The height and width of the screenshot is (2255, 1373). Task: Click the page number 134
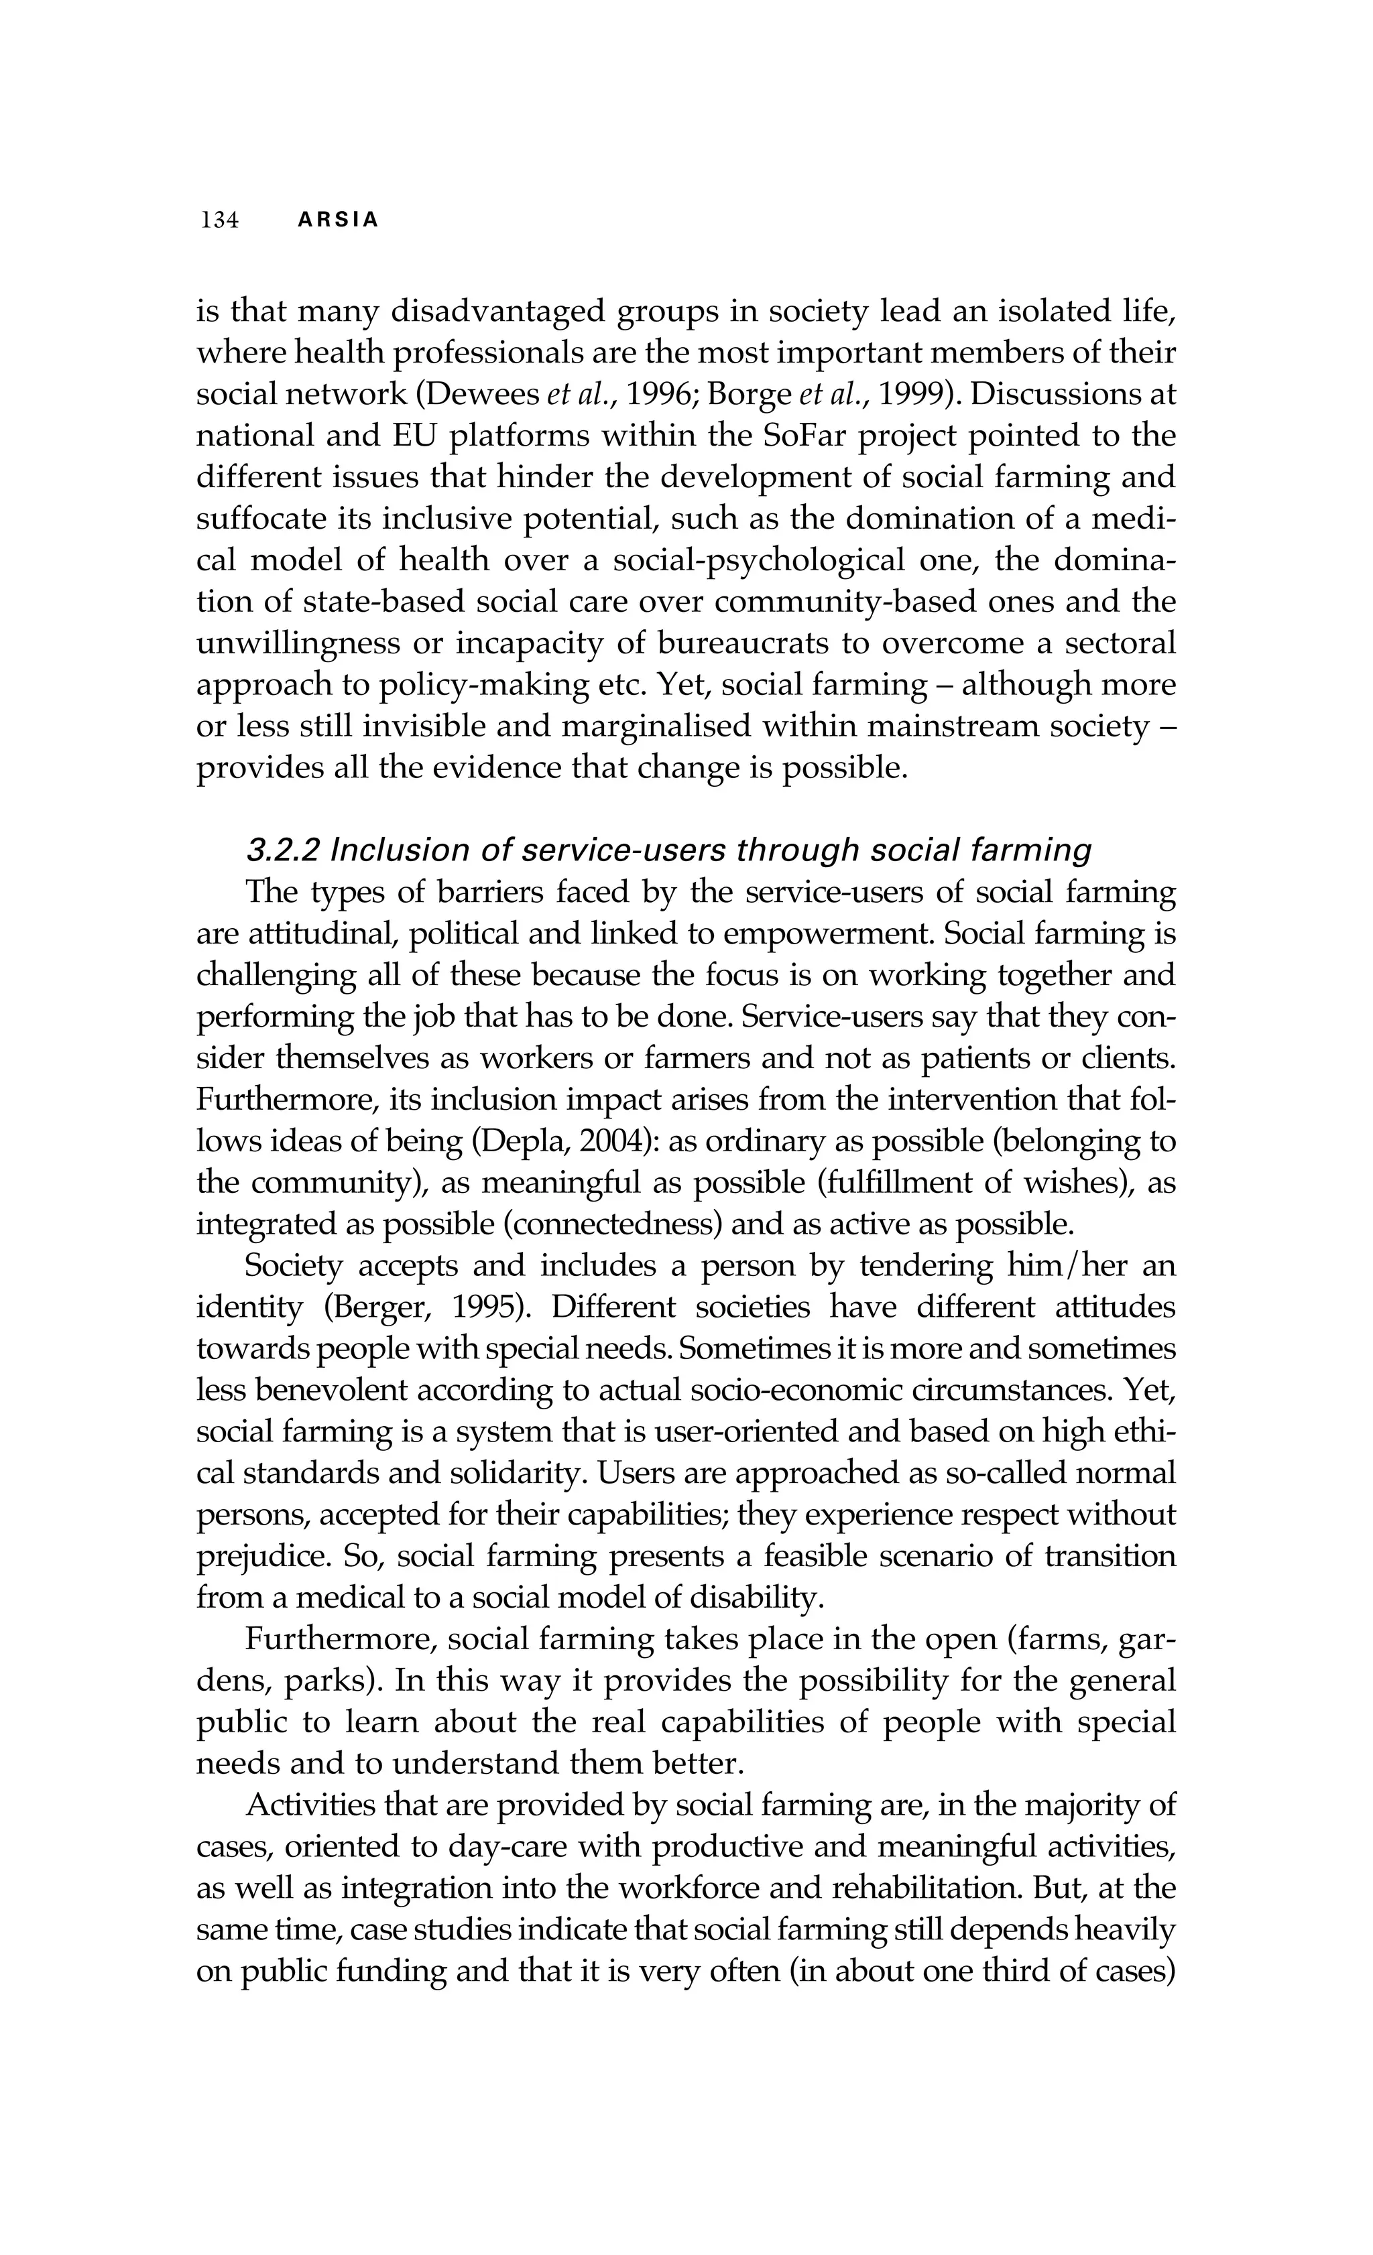[x=220, y=220]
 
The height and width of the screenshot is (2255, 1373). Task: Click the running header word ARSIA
[x=339, y=220]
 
